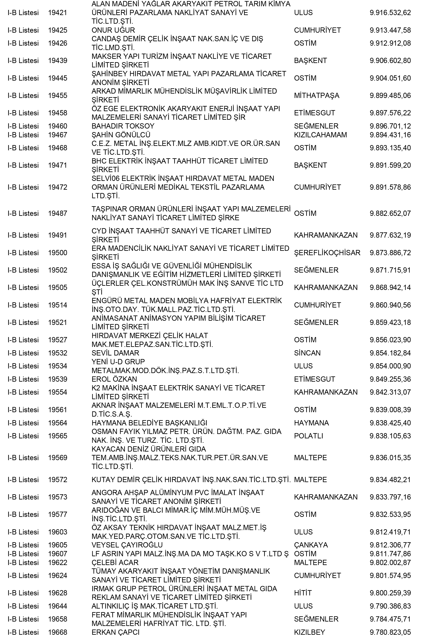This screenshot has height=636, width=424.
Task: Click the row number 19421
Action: click(57, 13)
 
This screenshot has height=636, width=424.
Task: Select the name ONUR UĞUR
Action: click(113, 30)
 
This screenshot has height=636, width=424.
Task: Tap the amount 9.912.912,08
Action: click(390, 43)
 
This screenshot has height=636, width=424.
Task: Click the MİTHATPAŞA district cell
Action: click(316, 95)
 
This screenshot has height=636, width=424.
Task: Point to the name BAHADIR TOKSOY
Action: click(123, 126)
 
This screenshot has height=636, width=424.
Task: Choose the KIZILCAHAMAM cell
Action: click(320, 135)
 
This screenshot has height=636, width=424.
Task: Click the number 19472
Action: click(57, 187)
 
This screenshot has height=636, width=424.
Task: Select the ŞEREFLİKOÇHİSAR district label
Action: click(327, 253)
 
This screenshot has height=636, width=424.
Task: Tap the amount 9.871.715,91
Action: click(390, 270)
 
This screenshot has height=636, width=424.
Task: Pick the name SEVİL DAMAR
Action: click(115, 353)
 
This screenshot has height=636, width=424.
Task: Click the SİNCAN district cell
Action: click(307, 353)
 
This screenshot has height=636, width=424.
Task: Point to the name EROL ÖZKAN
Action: click(114, 379)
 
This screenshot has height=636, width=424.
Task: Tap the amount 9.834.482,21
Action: click(390, 480)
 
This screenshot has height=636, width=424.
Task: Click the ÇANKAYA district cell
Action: click(311, 545)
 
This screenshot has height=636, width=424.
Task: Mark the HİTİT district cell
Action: click(303, 593)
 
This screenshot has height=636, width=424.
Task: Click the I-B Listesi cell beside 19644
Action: click(23, 606)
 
